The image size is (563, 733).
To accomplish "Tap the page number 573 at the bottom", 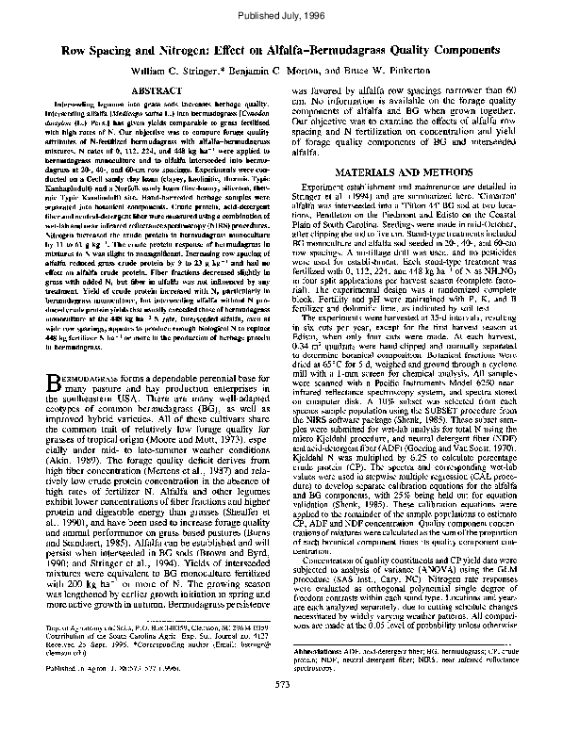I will (280, 709).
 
